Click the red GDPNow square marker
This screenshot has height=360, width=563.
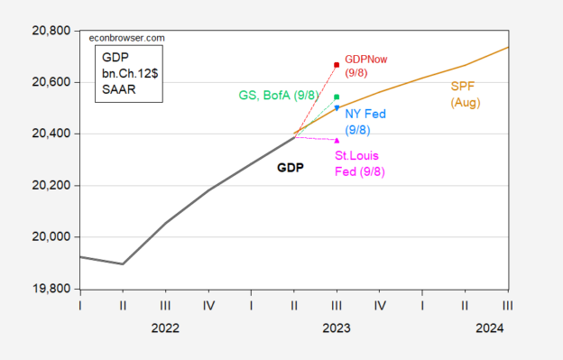tap(337, 65)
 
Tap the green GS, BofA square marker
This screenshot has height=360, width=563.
tap(337, 97)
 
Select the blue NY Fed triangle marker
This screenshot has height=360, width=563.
tap(337, 108)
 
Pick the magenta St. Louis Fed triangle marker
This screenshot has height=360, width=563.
tap(337, 141)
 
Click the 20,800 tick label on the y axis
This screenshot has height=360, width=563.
tap(49, 30)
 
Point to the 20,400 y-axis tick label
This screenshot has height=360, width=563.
tap(49, 134)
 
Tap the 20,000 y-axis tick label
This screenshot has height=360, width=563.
tap(49, 237)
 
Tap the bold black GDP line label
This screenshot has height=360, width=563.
tap(290, 168)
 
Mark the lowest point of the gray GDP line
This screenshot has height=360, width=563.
tap(123, 264)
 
